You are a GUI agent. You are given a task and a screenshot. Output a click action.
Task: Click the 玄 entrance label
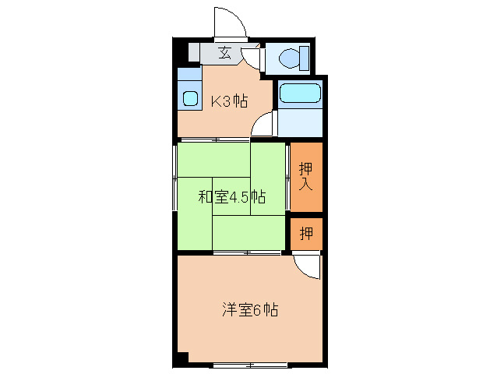click(x=224, y=54)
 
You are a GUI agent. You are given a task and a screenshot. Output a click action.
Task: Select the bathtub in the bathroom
click(x=300, y=93)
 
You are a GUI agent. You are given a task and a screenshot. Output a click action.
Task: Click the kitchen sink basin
click(x=190, y=98)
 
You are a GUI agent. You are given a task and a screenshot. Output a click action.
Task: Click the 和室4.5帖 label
click(x=231, y=197)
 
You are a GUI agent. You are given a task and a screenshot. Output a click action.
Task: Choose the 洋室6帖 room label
click(x=249, y=310)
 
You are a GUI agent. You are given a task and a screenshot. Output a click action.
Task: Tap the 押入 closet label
click(x=306, y=176)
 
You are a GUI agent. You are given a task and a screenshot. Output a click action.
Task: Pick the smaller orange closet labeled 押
click(x=306, y=234)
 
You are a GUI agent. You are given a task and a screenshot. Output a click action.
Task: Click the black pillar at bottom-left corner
click(x=182, y=359)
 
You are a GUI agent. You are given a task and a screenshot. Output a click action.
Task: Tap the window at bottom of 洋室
click(x=246, y=365)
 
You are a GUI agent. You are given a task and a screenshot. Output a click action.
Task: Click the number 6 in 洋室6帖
click(x=256, y=310)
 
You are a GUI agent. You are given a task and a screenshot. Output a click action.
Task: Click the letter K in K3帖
click(x=217, y=100)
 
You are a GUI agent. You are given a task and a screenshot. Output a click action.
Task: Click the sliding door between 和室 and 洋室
click(x=246, y=253)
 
